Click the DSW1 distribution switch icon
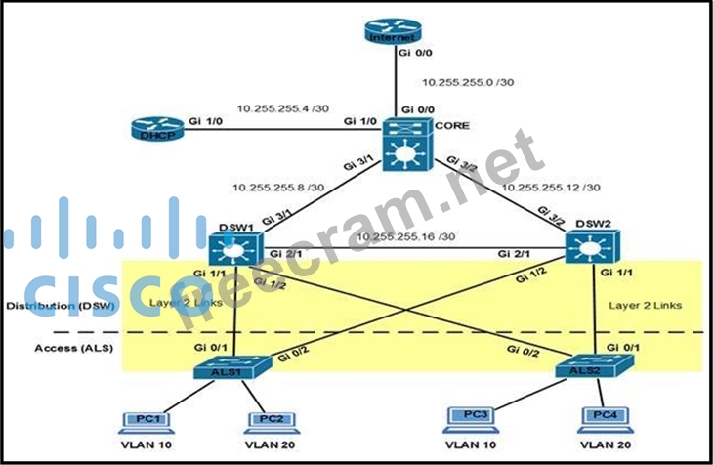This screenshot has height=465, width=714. (235, 249)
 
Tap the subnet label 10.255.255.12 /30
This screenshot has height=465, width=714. (550, 186)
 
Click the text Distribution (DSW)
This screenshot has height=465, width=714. (58, 306)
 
